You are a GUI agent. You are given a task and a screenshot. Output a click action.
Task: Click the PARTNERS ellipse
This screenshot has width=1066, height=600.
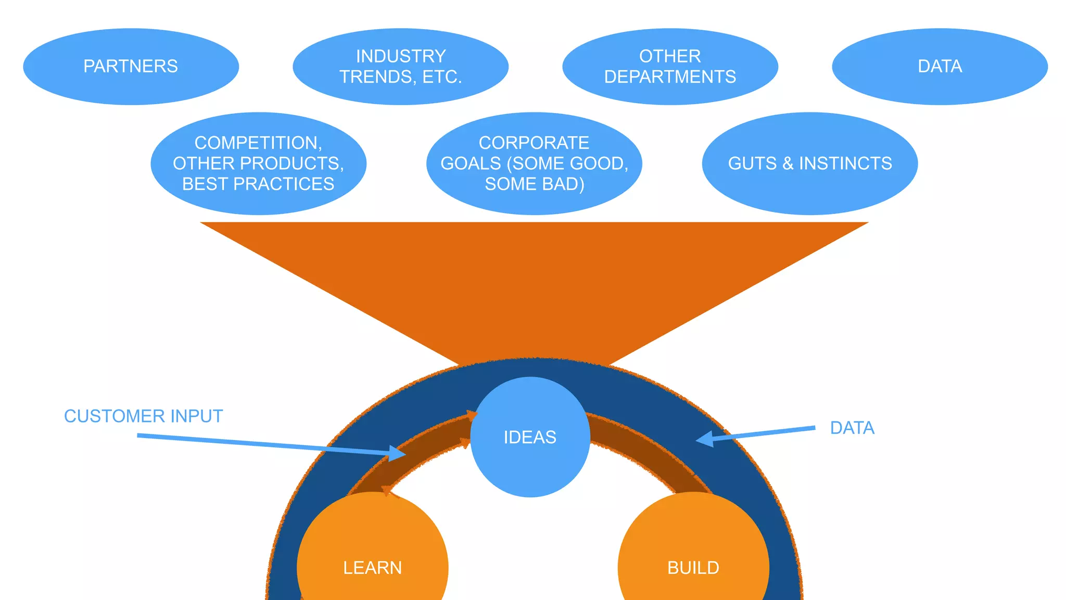tap(131, 67)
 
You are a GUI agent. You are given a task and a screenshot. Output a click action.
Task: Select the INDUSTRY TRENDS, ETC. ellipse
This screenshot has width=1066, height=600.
tap(400, 67)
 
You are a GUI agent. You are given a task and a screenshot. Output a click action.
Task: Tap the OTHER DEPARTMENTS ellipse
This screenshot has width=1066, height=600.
tap(670, 67)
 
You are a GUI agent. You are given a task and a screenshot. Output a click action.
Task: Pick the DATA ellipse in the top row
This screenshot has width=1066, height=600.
tap(940, 67)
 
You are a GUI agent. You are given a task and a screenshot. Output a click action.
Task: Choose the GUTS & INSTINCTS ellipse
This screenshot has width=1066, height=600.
tap(809, 164)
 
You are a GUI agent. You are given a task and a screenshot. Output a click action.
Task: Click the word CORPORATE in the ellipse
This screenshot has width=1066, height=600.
tap(534, 143)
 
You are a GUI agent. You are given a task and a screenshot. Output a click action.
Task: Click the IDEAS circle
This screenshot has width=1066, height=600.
tap(530, 437)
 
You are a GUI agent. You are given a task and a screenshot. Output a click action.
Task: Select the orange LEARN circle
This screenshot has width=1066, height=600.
tap(372, 557)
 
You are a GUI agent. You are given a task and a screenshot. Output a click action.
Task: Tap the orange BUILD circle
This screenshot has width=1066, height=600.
tap(693, 557)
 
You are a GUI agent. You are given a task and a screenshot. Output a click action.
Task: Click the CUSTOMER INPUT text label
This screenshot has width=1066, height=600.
tap(143, 416)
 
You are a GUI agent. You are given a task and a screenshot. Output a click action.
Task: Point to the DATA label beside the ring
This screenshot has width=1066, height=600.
tap(852, 428)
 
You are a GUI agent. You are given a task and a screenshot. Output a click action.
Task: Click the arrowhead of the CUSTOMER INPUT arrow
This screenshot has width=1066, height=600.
tap(399, 453)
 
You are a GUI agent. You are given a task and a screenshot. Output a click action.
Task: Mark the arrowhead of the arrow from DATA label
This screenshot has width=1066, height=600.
tap(704, 439)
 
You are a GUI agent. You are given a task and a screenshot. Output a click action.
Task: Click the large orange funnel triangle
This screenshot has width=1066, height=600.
tap(534, 281)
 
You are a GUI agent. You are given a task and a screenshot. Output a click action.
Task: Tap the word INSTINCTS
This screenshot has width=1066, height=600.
tap(845, 164)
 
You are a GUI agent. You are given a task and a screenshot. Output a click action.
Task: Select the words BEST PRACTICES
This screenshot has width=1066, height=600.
tap(258, 184)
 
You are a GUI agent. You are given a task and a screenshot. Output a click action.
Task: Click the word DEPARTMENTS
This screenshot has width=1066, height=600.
tap(670, 77)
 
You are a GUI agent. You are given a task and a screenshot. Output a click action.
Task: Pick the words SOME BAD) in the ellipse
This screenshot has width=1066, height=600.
tap(534, 184)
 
